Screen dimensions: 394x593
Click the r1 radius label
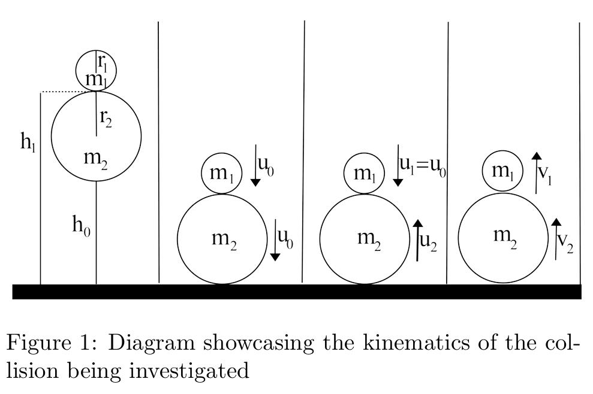pyautogui.click(x=103, y=62)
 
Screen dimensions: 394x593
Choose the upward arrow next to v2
pyautogui.click(x=556, y=239)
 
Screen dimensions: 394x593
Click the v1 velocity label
pyautogui.click(x=546, y=174)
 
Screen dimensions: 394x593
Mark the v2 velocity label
pyautogui.click(x=565, y=241)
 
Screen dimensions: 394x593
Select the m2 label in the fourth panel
pyautogui.click(x=505, y=236)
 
